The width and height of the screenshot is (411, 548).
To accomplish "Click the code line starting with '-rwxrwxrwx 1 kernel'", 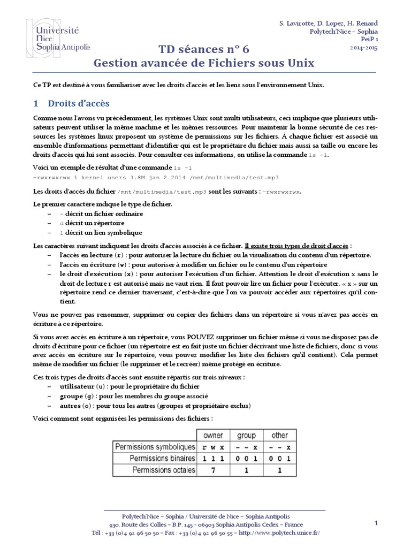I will coord(156,177).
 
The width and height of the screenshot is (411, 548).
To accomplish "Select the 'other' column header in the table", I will coord(279,435).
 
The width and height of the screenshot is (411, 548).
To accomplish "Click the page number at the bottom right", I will coord(376,522).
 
